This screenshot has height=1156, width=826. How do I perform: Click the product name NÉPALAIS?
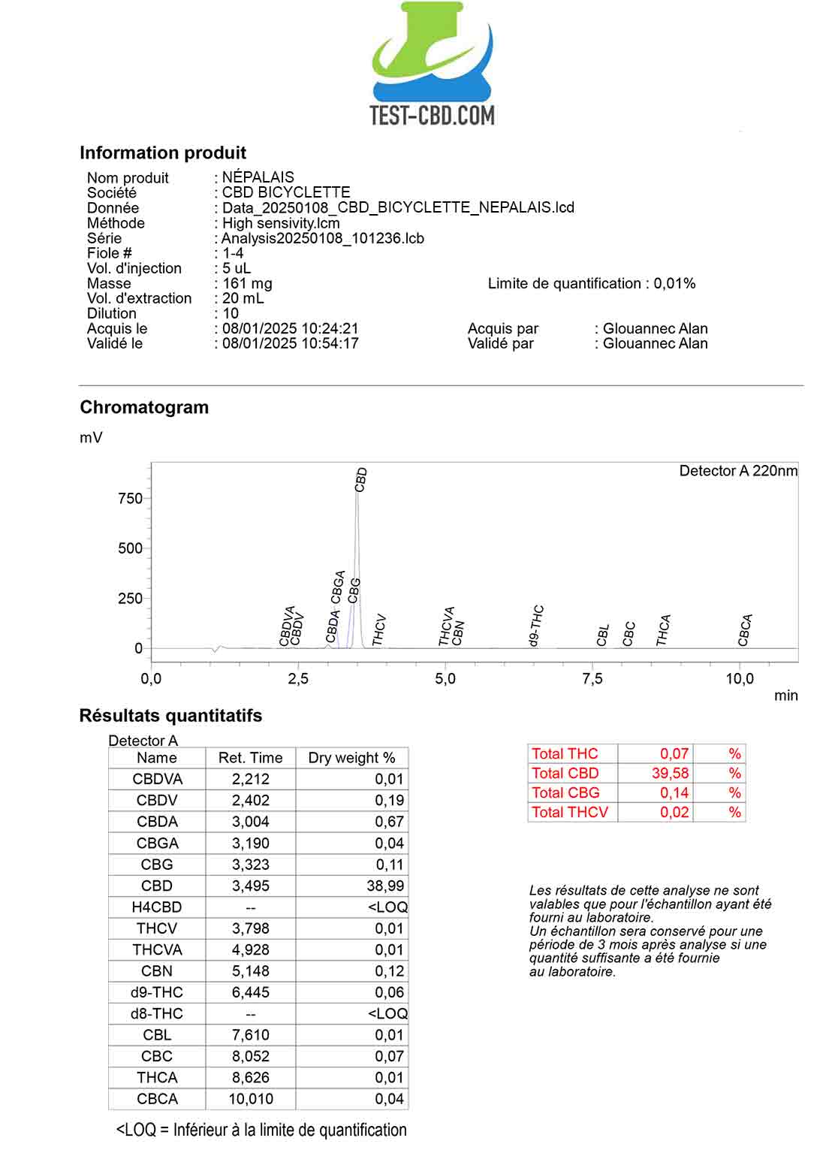[x=258, y=177]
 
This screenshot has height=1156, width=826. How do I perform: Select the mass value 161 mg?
[x=248, y=283]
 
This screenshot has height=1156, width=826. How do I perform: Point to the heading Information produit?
[x=163, y=152]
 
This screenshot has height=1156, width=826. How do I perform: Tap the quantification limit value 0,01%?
[x=674, y=283]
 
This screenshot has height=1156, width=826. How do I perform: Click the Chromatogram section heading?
[x=144, y=407]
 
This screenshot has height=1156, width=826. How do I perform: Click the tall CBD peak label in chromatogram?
[x=361, y=479]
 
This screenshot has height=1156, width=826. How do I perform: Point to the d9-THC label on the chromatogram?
[x=535, y=625]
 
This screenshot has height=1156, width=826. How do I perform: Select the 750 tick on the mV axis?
[x=130, y=498]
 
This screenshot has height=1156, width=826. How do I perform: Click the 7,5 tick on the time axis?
[x=592, y=678]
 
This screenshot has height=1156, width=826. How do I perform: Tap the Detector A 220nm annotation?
[x=738, y=471]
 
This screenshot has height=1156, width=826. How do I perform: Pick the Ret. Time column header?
[x=250, y=758]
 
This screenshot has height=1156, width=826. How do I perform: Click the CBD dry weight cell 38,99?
[x=385, y=886]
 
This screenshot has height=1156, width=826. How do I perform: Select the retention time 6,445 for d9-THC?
[x=250, y=992]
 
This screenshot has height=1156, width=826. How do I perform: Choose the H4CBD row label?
[x=157, y=907]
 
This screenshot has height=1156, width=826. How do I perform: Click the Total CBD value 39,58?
[x=670, y=773]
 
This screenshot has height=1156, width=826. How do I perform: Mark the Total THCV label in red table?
[x=570, y=812]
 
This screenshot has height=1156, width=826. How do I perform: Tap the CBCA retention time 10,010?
[x=250, y=1098]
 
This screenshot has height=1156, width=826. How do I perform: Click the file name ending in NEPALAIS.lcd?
[x=398, y=207]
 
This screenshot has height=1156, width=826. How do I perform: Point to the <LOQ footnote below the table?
[x=261, y=1130]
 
